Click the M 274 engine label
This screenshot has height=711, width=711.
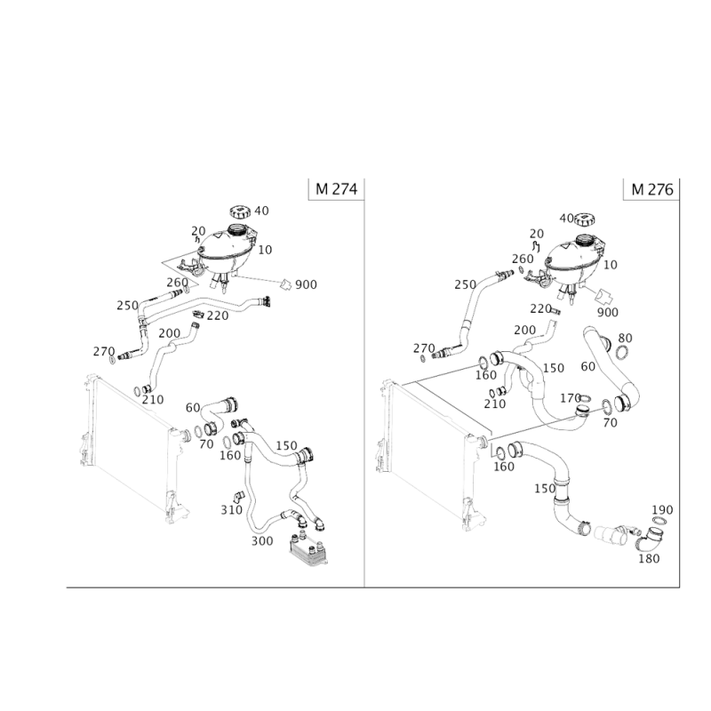[x=337, y=188]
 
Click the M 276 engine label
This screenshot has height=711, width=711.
[x=652, y=189]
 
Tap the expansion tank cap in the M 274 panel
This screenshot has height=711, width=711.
[x=240, y=212]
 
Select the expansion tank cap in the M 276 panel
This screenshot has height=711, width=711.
[x=585, y=220]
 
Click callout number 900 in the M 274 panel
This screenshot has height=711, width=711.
[x=306, y=284]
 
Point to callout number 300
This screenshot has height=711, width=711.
[x=262, y=540]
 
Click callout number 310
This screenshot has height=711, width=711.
[x=231, y=509]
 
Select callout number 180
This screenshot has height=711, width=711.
[x=649, y=559]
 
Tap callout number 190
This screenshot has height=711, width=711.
[x=662, y=510]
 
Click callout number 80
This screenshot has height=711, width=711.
[x=625, y=338]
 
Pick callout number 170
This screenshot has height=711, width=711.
[x=571, y=398]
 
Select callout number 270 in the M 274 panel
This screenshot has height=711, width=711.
[x=104, y=351]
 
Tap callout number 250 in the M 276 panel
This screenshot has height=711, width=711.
[x=465, y=284]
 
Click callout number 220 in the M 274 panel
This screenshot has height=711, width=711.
[x=217, y=316]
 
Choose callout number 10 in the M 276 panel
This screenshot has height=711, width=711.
[x=611, y=264]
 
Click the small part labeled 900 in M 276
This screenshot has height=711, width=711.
[x=604, y=297]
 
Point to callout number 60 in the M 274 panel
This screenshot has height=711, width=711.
[x=193, y=408]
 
